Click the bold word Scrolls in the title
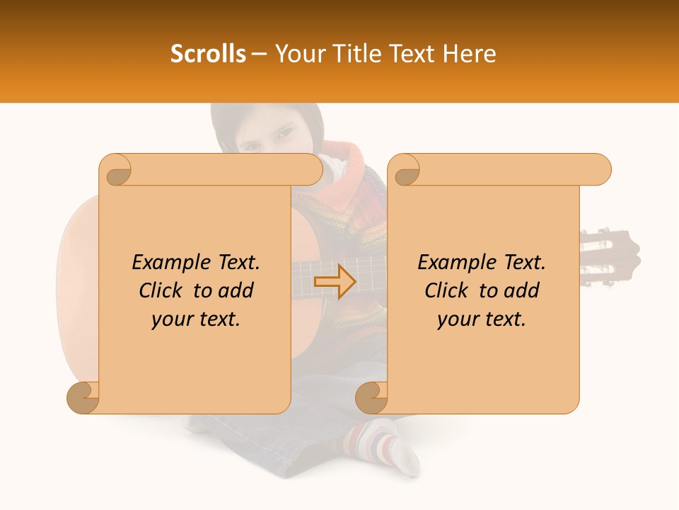208,54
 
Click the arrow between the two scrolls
335,282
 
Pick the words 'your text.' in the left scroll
196,319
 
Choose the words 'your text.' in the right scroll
482,319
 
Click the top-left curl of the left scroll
117,171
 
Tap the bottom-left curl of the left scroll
83,397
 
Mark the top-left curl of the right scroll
405,171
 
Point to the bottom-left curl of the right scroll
371,397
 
